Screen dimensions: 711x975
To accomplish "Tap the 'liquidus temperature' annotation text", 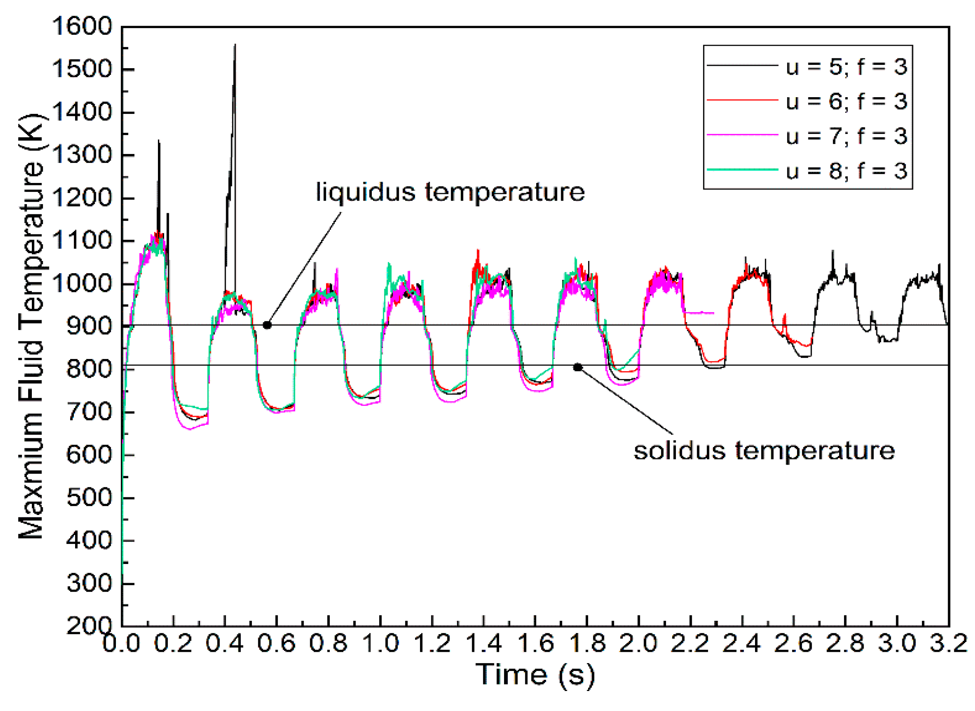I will coord(450,192).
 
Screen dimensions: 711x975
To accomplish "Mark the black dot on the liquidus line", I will coord(267,325).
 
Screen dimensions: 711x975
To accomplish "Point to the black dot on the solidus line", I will coord(577,367).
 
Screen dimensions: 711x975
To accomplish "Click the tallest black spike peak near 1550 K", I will coord(235,45).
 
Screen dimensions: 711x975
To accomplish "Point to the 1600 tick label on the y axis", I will coord(82,27).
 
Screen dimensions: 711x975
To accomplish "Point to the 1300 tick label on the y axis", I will coord(82,155).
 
